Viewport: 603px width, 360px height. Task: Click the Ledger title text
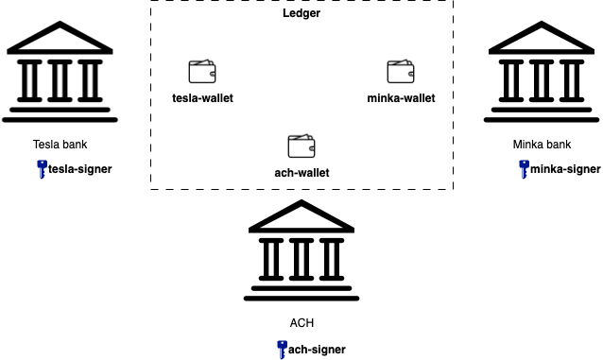click(301, 13)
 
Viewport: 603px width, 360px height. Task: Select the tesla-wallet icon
click(202, 72)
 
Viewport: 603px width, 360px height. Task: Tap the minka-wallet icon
click(401, 72)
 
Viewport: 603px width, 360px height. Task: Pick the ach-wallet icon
click(301, 146)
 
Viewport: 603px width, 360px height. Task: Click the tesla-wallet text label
click(202, 97)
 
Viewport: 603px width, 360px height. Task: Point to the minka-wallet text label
click(401, 97)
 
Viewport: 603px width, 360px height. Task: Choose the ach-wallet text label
click(301, 172)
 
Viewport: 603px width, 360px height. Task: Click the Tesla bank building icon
click(60, 74)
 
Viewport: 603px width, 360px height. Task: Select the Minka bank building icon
click(543, 74)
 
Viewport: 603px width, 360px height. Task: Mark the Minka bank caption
click(543, 145)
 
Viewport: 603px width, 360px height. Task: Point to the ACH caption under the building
click(301, 322)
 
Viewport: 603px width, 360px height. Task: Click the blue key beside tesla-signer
click(42, 169)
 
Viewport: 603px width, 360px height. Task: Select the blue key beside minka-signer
click(524, 169)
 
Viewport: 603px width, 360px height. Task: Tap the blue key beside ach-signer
click(282, 349)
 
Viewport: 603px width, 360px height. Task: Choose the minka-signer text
click(565, 170)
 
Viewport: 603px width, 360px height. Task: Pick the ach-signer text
click(317, 350)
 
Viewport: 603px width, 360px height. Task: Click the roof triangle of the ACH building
click(301, 218)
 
